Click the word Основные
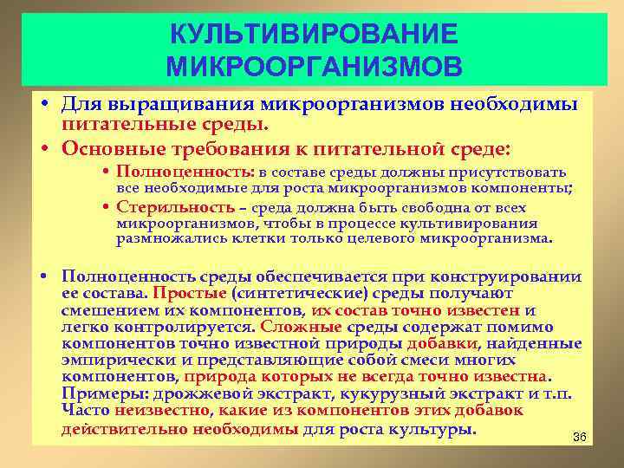pos(105,146)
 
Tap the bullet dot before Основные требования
pos(43,146)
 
